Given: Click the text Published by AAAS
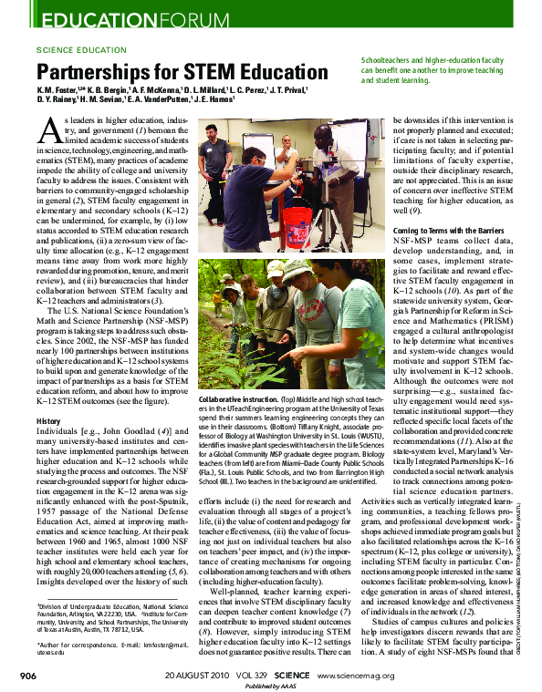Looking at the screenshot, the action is [x=272, y=686].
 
